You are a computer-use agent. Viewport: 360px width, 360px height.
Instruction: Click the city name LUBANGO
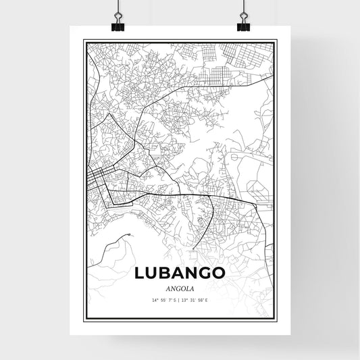[x=180, y=274]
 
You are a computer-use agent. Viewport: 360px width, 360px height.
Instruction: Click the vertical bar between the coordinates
[x=180, y=299]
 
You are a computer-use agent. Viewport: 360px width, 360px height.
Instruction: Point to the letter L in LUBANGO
[x=140, y=274]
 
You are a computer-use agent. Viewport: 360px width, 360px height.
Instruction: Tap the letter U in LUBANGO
[x=153, y=274]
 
